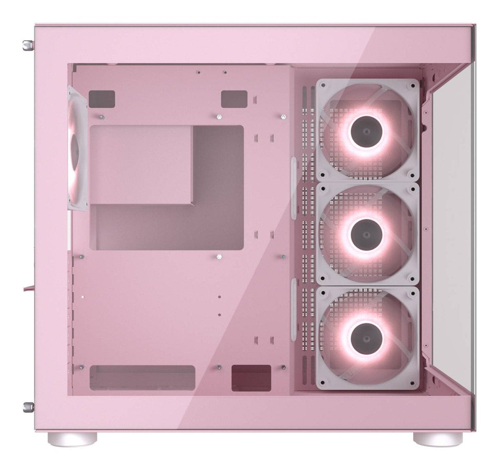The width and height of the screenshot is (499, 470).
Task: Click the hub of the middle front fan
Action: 367,234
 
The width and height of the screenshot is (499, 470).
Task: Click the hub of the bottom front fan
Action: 367,337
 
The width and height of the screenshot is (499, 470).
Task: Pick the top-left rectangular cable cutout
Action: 102,99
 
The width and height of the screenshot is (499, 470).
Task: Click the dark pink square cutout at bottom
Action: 251,377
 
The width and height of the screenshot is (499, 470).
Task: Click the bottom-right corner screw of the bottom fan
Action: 411,381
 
